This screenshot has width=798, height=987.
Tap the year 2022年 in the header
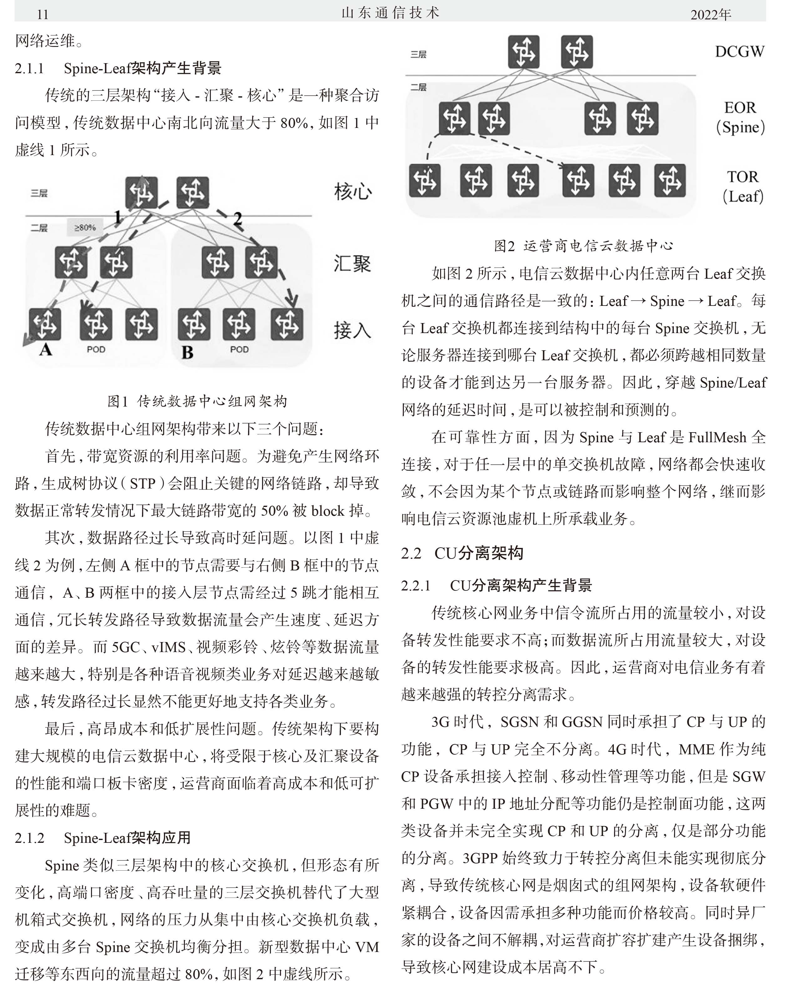click(x=711, y=14)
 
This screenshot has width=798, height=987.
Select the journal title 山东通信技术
click(x=391, y=13)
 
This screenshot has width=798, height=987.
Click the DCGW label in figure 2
click(x=740, y=52)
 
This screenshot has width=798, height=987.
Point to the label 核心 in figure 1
click(x=353, y=191)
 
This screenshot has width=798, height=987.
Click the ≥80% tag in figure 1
click(x=85, y=227)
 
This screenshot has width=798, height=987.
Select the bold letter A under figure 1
click(x=45, y=350)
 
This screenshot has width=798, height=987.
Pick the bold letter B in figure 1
click(x=187, y=352)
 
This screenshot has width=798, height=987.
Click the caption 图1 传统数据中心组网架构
click(x=197, y=401)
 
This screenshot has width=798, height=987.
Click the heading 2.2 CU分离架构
click(x=462, y=553)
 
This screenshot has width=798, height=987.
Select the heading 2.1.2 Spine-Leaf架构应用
click(x=103, y=838)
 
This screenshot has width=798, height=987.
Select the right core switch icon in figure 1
click(x=193, y=192)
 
